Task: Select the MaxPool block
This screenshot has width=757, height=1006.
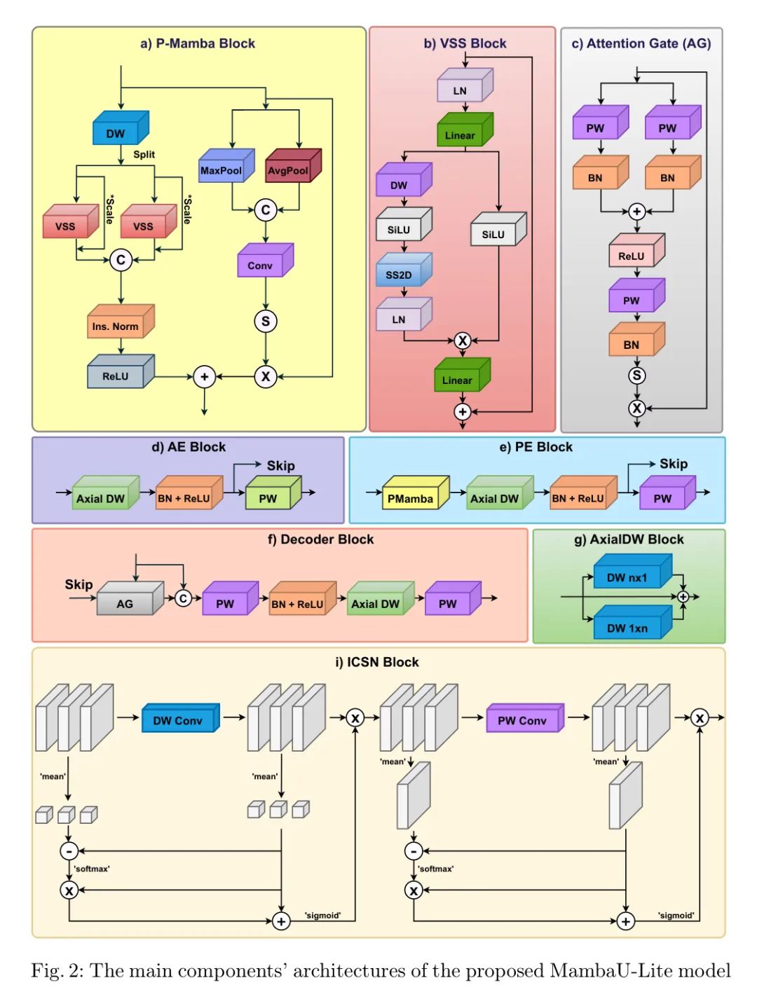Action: tap(221, 170)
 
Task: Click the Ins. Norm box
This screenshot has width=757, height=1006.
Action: tap(116, 326)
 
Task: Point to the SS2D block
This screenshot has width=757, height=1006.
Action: tap(399, 275)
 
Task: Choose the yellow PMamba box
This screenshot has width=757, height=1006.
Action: tap(411, 498)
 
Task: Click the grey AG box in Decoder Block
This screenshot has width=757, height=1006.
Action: tap(125, 603)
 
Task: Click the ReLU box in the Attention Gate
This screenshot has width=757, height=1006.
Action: tap(632, 256)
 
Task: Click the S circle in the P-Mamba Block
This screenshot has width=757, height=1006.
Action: tap(266, 322)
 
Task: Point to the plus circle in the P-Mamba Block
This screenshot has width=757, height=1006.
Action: tap(204, 377)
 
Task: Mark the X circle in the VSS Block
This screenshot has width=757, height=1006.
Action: tap(463, 341)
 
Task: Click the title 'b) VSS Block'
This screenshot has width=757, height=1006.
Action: tap(465, 43)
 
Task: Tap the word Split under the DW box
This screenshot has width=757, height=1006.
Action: tap(144, 154)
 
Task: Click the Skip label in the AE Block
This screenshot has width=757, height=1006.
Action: tap(280, 466)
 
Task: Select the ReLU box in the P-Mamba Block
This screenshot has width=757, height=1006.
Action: tap(116, 376)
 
